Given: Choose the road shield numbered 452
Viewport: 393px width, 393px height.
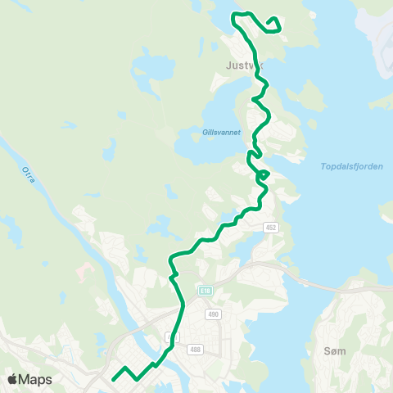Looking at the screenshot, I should point(270,227).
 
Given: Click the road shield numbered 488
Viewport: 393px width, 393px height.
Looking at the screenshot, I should point(193,349).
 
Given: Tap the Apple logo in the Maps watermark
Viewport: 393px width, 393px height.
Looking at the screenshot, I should point(13,379).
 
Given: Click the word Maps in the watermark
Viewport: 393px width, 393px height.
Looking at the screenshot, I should point(35,379).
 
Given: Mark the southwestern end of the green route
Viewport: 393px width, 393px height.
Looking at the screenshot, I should point(112,379).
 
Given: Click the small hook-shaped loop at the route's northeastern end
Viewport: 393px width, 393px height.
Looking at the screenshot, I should point(273,22).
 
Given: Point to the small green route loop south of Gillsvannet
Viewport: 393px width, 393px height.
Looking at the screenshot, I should point(263,174).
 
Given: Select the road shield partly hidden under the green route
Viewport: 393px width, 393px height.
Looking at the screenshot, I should point(171,337).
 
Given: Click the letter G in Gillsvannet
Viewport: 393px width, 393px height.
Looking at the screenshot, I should point(205,131).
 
